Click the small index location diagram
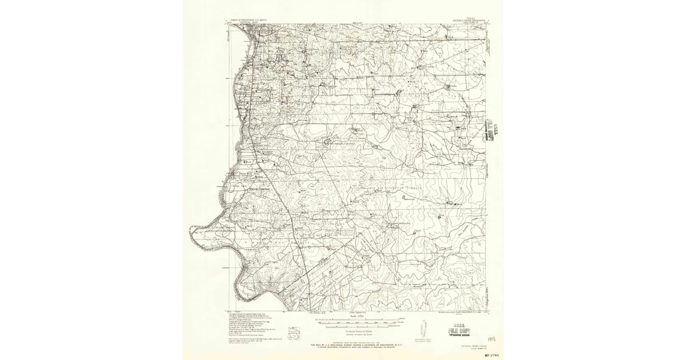coord(294,331)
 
